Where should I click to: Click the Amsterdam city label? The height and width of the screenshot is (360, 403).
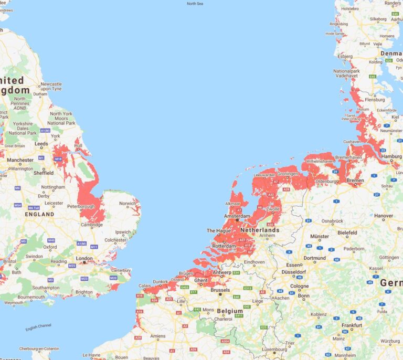(235, 216)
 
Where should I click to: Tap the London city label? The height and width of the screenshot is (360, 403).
(84, 258)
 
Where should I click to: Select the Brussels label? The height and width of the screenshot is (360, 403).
(220, 290)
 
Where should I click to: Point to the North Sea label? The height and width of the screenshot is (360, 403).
(195, 4)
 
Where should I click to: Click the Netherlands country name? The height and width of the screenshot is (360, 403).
(260, 230)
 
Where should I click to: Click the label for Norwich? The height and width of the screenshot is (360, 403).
(128, 204)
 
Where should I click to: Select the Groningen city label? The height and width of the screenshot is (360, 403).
(288, 174)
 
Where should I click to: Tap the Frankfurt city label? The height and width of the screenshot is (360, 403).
(352, 325)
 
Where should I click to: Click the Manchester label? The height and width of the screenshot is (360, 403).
(20, 160)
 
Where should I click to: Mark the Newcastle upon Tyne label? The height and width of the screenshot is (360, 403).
(51, 87)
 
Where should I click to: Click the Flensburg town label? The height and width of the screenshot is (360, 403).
(375, 99)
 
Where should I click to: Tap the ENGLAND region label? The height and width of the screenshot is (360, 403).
(39, 214)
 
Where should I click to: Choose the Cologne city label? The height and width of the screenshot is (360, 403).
(300, 286)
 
